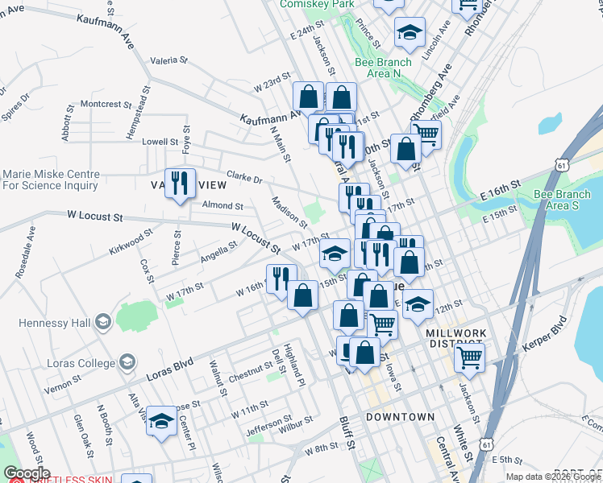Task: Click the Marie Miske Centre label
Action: [x=51, y=180]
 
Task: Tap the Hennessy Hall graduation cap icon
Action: [x=102, y=323]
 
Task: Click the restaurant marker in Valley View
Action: [x=180, y=183]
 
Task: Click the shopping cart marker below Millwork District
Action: [x=469, y=357]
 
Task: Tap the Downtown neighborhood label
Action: [x=400, y=417]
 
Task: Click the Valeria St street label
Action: [x=168, y=60]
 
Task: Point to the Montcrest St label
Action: [x=106, y=104]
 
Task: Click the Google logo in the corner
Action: [x=27, y=473]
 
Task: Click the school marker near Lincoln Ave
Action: [x=410, y=33]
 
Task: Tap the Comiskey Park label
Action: [x=317, y=4]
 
